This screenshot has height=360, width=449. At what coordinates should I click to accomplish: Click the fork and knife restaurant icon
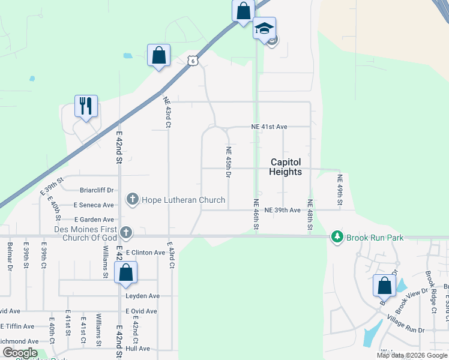point(86,106)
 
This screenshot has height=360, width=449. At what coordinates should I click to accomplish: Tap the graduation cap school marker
point(264,28)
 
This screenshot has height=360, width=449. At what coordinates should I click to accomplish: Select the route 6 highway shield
point(192,60)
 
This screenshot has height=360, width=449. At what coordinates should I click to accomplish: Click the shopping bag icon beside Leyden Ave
point(125,273)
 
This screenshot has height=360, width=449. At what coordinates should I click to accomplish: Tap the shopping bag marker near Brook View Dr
point(384,286)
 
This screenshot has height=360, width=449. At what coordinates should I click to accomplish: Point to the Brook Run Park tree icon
point(337,238)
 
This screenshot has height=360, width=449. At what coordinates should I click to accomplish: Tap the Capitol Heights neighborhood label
point(286,167)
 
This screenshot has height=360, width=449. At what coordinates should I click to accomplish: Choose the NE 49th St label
point(340,190)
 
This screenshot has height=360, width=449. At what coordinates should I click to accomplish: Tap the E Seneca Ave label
point(94,205)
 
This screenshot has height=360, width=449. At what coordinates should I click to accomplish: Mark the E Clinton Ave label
point(145,253)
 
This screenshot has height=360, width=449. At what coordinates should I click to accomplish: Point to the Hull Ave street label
point(137,348)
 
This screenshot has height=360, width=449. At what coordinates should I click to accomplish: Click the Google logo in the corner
point(19,353)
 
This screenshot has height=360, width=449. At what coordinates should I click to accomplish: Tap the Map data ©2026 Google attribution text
point(411,355)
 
